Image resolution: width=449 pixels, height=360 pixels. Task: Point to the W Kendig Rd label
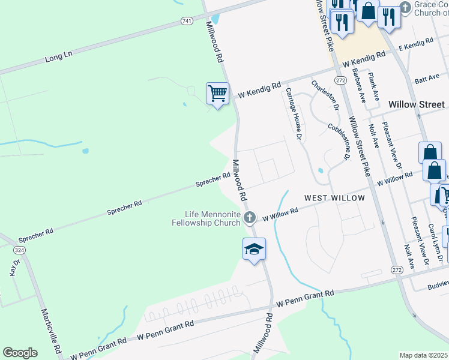coord(259,91)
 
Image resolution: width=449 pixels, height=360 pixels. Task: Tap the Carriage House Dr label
coord(293,113)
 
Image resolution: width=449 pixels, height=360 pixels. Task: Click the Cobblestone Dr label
coord(339,142)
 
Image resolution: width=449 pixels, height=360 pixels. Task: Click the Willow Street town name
coord(417,104)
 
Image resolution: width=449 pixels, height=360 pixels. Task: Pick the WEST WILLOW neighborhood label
coord(334,198)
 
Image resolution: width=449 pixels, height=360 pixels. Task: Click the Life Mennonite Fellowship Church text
coord(212,218)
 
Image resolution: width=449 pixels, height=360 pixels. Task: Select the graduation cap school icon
coord(254,248)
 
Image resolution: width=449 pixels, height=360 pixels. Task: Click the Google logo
coord(20,352)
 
